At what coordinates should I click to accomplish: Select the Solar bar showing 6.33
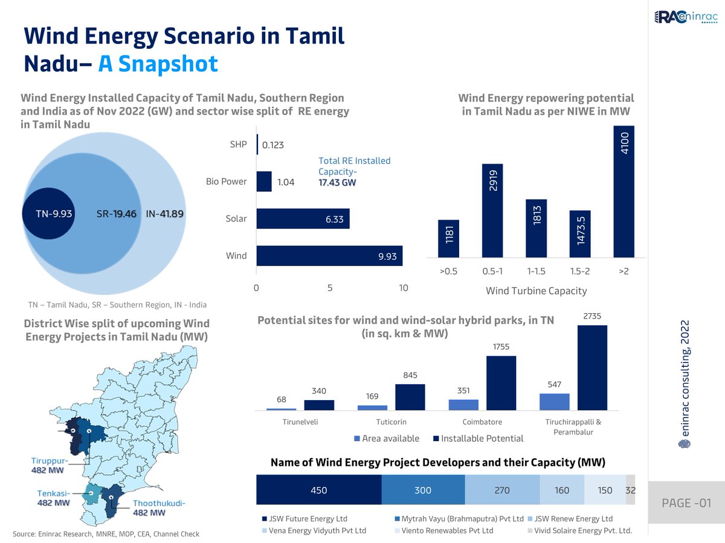point(303,219)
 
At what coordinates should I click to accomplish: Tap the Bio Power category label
point(227,182)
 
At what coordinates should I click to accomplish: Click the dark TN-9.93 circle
point(48,214)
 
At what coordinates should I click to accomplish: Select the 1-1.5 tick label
point(536,272)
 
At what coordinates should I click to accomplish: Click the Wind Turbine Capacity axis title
point(536,291)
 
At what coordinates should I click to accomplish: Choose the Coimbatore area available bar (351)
point(463,405)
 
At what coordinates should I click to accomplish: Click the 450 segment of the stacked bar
point(319,490)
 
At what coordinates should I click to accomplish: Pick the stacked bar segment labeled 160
point(562,490)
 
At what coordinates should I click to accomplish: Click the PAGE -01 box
point(686,503)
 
